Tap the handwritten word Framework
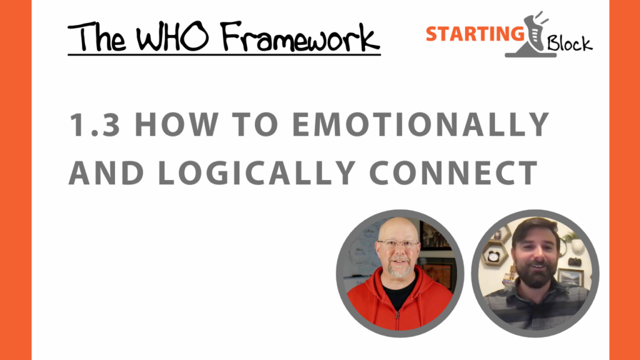[300, 37]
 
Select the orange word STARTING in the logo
[475, 34]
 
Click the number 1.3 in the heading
[95, 124]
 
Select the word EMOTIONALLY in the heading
[421, 124]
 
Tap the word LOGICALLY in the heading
[256, 172]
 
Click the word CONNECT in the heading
[454, 172]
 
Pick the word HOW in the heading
[176, 124]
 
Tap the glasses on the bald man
[398, 244]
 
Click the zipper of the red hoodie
[397, 314]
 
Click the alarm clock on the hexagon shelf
[494, 256]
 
